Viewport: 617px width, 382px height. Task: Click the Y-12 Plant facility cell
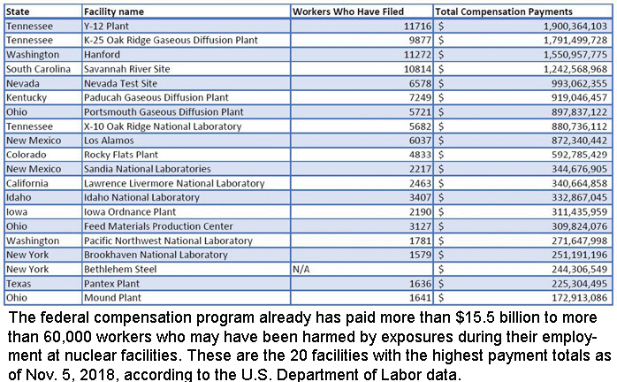coord(105,27)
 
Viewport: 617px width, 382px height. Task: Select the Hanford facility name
coord(103,55)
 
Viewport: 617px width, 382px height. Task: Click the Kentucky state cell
coord(28,97)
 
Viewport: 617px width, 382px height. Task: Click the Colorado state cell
coord(28,155)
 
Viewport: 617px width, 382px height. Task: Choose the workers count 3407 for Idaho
coord(415,197)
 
